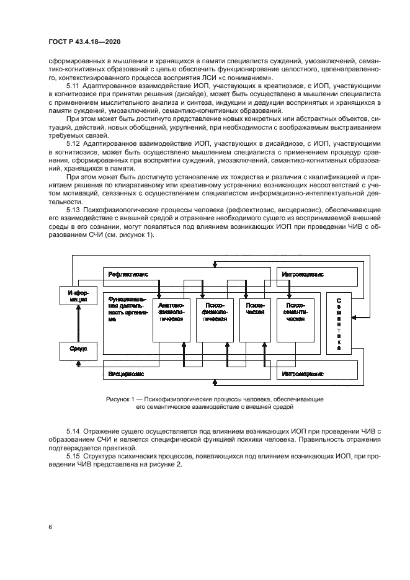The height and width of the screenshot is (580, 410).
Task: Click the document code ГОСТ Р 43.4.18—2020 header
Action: click(x=84, y=42)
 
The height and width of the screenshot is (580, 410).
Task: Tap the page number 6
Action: click(x=51, y=527)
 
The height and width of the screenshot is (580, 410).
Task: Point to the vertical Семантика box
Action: click(x=339, y=323)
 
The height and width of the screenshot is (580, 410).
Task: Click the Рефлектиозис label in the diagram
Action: click(x=128, y=274)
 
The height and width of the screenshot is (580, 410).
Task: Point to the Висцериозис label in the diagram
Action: click(x=127, y=374)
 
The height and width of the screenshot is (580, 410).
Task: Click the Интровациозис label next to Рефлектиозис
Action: click(x=303, y=274)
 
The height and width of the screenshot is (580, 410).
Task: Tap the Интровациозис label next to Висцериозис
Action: click(x=303, y=374)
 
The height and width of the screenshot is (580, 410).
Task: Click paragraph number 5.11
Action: click(x=73, y=86)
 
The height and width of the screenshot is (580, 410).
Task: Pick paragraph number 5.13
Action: click(x=73, y=210)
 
